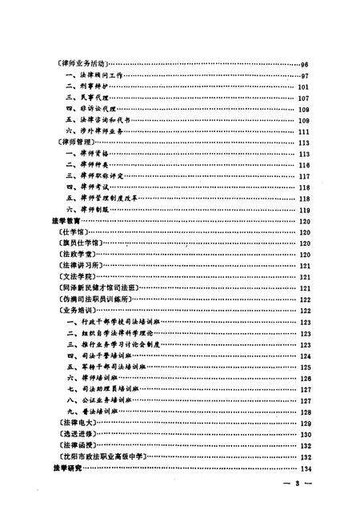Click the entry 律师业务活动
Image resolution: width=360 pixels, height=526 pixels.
[83, 63]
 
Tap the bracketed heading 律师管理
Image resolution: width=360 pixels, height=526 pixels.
[78, 143]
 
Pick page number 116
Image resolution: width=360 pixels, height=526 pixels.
[303, 164]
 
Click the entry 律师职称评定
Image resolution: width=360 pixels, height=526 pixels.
[100, 175]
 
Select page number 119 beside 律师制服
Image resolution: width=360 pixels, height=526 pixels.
[303, 209]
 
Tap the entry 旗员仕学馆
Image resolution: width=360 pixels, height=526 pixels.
[81, 243]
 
